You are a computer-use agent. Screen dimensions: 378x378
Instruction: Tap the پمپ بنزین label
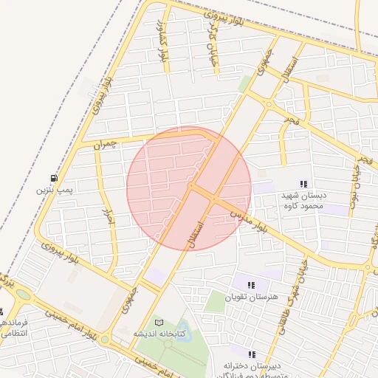point(55,190)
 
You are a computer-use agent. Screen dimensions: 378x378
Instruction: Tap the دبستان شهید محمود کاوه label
point(303,201)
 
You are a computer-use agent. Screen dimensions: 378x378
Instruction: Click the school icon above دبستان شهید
point(303,184)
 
